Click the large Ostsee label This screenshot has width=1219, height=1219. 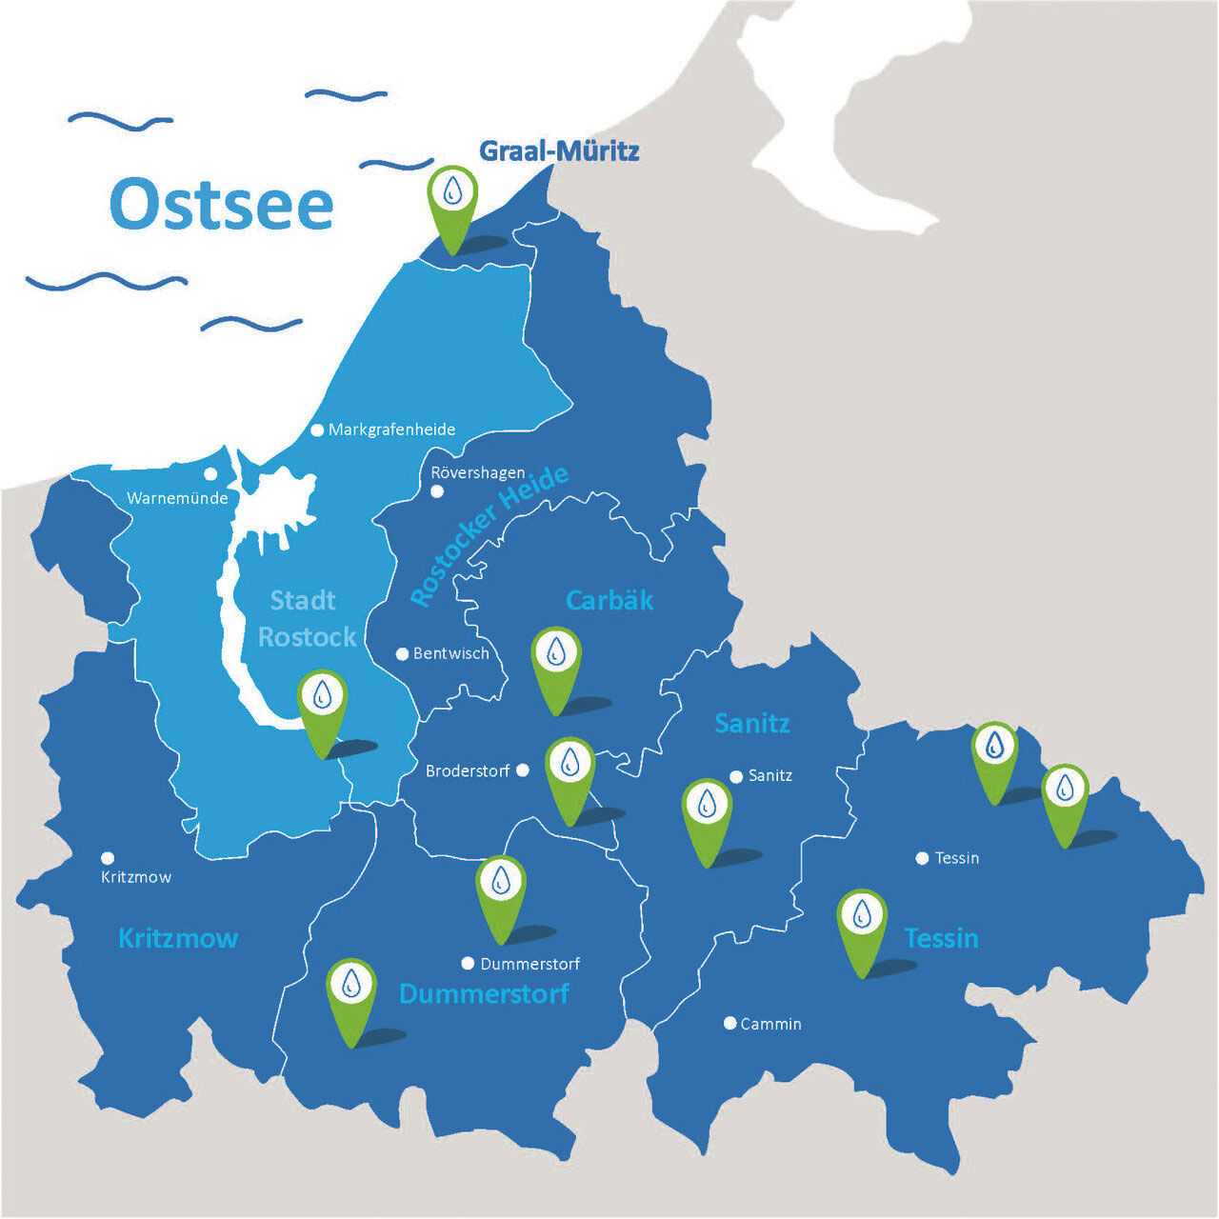pyautogui.click(x=221, y=204)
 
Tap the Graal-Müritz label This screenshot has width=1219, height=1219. pyautogui.click(x=559, y=150)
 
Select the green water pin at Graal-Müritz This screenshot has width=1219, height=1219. pyautogui.click(x=452, y=195)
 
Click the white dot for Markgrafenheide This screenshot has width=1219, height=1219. pyautogui.click(x=317, y=430)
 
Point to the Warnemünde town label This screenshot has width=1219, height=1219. pyautogui.click(x=177, y=498)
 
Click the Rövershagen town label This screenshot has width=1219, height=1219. pyautogui.click(x=478, y=472)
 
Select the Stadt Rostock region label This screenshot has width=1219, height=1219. pyautogui.click(x=305, y=618)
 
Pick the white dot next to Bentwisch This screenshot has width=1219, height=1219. pyautogui.click(x=402, y=654)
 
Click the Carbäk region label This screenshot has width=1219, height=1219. pyautogui.click(x=609, y=600)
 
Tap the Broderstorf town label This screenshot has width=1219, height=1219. pyautogui.click(x=468, y=770)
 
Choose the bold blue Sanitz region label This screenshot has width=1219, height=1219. pyautogui.click(x=752, y=723)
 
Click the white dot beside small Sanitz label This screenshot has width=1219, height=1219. pyautogui.click(x=736, y=777)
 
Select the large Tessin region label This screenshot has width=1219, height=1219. pyautogui.click(x=941, y=938)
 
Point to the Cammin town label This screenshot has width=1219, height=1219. pyautogui.click(x=770, y=1024)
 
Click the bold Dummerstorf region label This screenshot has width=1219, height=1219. pyautogui.click(x=484, y=993)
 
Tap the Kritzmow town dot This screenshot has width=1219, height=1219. pyautogui.click(x=108, y=858)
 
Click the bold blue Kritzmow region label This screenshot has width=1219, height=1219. pyautogui.click(x=178, y=938)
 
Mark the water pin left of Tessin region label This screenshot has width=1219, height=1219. pyautogui.click(x=862, y=919)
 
